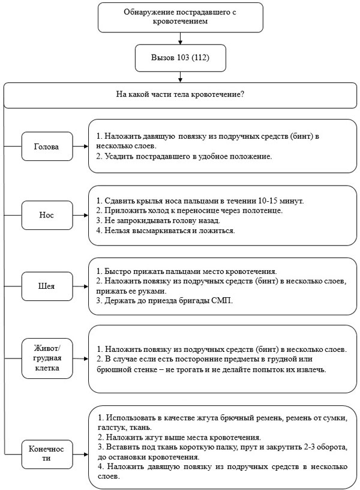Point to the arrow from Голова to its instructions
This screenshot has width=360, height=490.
click(80, 147)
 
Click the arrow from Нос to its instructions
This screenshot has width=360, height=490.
click(80, 215)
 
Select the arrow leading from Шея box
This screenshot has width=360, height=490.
click(80, 286)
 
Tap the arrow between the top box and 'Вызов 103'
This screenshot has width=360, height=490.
click(180, 38)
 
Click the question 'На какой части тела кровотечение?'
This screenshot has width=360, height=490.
click(180, 94)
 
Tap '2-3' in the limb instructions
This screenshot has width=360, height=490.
click(309, 447)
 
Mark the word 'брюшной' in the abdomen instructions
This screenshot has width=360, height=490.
click(111, 370)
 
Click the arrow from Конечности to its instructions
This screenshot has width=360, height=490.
click(80, 454)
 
